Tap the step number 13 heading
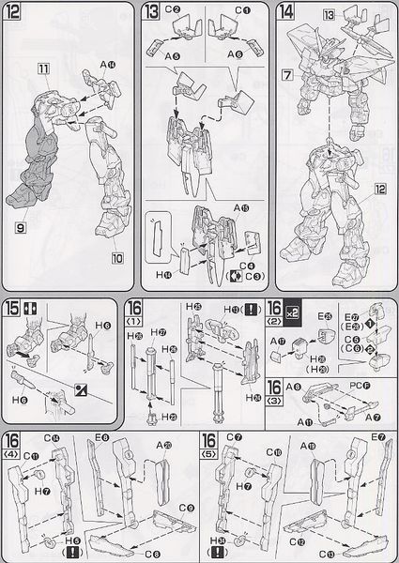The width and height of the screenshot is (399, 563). (x=153, y=12)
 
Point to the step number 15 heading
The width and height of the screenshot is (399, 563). (x=13, y=309)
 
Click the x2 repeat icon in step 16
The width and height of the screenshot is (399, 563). (x=293, y=309)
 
